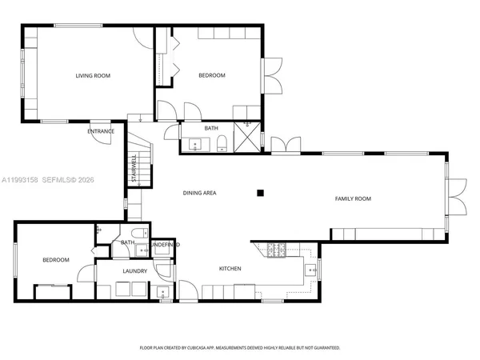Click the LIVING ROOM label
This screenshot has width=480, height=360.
coord(93,76)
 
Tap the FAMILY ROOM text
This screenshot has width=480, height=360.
coord(354,198)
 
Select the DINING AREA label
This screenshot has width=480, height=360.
coord(200,193)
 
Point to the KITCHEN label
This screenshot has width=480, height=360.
coord(230,269)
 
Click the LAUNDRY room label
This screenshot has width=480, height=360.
coord(134,272)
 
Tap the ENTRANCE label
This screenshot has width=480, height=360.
coord(101,131)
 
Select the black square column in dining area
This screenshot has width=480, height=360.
coord(259,192)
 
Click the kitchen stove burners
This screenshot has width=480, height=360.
coord(276,250)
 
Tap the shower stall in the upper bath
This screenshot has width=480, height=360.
coord(248,137)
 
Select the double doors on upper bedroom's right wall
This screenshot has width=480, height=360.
coord(272,77)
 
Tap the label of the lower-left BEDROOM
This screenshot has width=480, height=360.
coord(56,260)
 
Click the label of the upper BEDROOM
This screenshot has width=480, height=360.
coord(212,76)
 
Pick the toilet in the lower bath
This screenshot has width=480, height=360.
coord(139,234)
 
